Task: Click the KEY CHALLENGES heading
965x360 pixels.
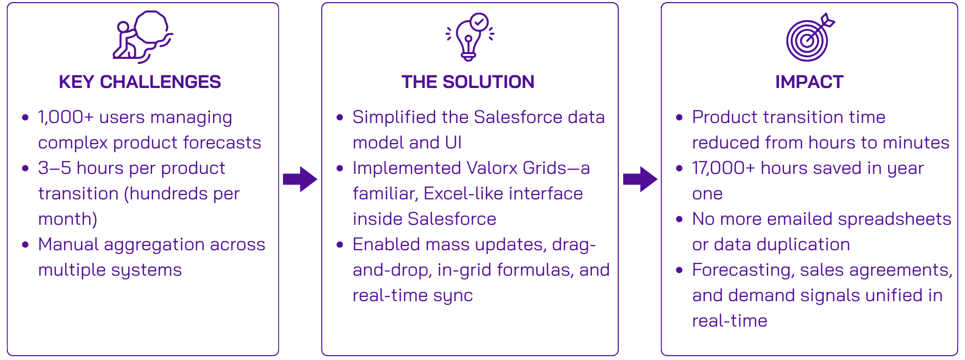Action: tap(140, 82)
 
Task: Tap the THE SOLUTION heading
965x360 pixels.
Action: tap(468, 82)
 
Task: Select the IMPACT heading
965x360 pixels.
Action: tap(809, 82)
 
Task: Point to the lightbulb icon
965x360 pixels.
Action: tap(470, 36)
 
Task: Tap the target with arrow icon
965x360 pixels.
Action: tap(809, 37)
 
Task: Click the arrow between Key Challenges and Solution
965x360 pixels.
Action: tap(300, 179)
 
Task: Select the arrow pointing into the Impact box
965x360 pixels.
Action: tap(640, 179)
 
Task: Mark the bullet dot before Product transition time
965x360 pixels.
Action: tap(679, 117)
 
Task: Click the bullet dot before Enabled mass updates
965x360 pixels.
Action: tap(340, 244)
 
